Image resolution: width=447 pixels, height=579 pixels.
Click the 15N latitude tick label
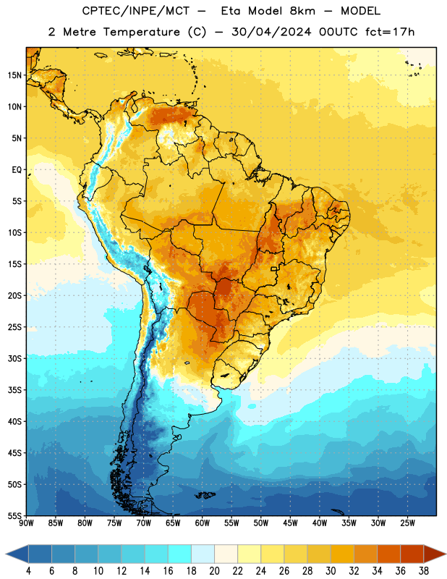point(14,75)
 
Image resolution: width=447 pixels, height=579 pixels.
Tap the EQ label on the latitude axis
point(17,170)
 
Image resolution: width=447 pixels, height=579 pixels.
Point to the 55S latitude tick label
point(14,515)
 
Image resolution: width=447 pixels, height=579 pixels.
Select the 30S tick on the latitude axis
point(14,358)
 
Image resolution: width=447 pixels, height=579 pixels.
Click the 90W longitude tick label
point(26,523)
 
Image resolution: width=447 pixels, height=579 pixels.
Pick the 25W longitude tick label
point(407,523)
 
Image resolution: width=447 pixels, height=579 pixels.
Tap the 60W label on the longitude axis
point(203,523)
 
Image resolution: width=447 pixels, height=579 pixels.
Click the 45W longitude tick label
point(290,523)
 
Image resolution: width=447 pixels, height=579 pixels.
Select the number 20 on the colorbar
point(214,571)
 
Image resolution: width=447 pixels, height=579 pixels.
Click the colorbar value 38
point(424,571)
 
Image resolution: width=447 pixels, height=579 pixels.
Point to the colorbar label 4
point(28,571)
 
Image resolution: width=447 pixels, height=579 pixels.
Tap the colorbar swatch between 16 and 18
point(179,554)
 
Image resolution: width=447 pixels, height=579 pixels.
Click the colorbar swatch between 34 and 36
point(388,554)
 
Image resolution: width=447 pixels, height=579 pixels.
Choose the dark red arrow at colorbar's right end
point(434,554)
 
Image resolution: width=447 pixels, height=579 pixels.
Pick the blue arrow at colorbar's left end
point(17,554)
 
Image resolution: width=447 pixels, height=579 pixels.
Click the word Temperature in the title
point(141,32)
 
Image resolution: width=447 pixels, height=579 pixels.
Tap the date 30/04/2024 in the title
point(271,32)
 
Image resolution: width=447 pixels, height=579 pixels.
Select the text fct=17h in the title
point(390,32)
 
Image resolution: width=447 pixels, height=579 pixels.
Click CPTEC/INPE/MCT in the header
point(136,11)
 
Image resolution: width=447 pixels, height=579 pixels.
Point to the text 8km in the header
point(302,11)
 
